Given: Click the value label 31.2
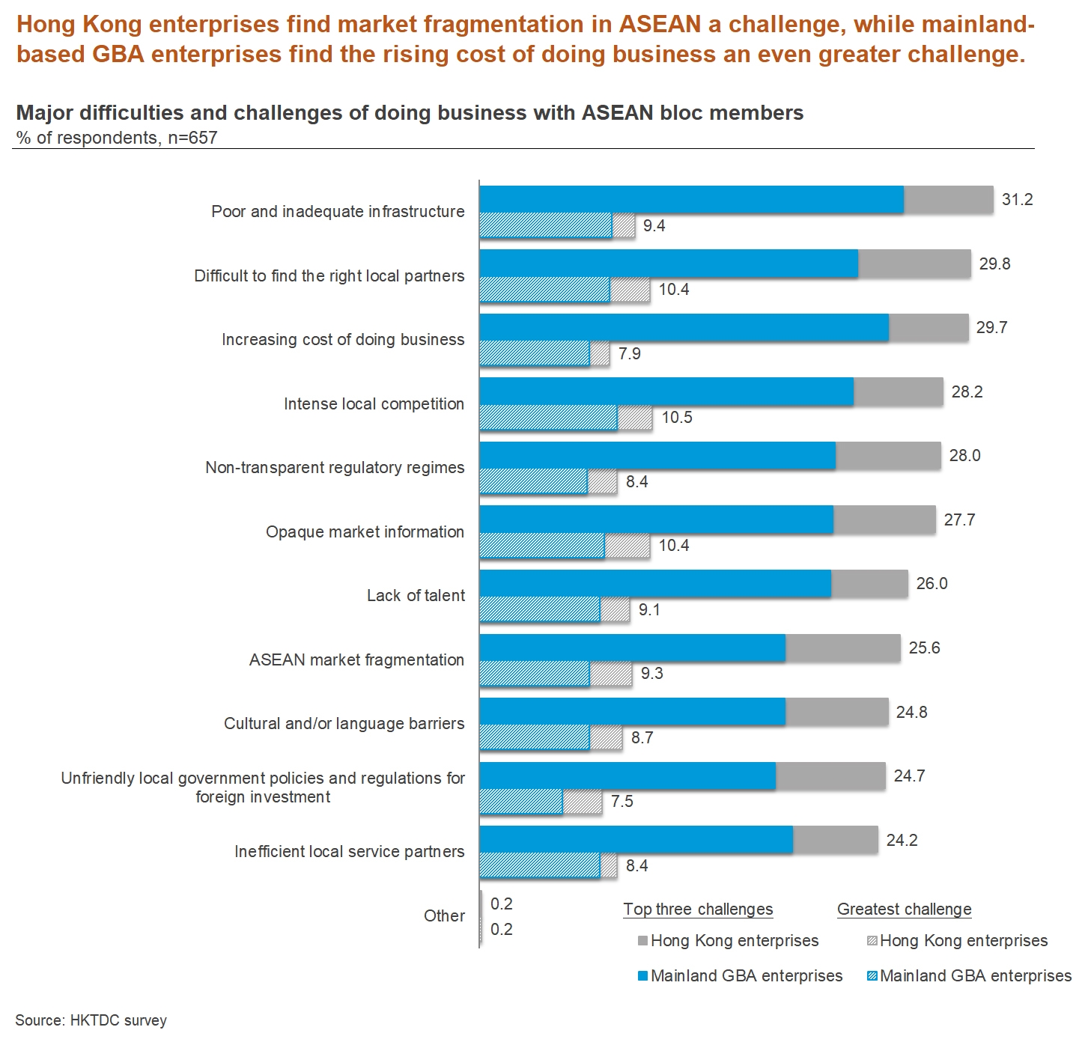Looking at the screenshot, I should [1017, 199].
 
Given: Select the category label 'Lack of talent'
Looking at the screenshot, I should [416, 596].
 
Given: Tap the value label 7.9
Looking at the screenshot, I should [629, 353].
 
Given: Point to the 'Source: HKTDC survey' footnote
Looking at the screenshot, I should [91, 1020].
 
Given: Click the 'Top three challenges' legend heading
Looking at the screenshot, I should [698, 909].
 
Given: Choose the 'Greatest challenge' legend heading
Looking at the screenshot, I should [904, 909].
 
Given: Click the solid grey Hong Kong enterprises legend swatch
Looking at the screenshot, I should [642, 941].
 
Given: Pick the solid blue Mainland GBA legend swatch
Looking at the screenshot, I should [642, 976].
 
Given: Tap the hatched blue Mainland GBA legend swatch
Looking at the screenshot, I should [872, 976].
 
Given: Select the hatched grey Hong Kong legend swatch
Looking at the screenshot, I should [872, 941].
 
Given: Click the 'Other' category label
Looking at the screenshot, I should [444, 916].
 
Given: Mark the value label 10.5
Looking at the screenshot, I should [677, 418].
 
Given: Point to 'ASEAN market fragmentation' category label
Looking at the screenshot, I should [356, 660].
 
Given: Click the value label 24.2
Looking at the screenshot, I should [902, 840].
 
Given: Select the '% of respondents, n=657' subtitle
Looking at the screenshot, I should [117, 138].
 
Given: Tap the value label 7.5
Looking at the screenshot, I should [622, 802].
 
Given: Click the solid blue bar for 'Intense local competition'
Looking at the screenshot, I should [666, 392].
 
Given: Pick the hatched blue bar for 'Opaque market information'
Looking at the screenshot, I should [541, 546].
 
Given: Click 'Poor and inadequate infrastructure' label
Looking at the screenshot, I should [338, 212].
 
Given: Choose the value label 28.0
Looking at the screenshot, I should [964, 456].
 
